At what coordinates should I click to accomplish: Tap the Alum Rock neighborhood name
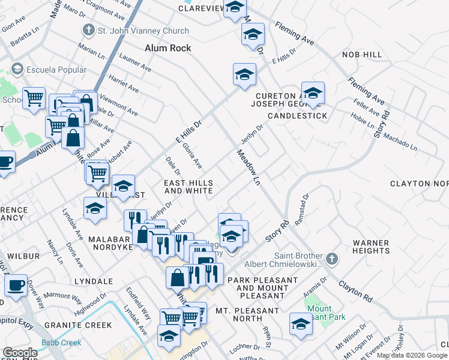[168, 48]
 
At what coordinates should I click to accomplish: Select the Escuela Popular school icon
[17, 70]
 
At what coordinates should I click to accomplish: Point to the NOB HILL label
[362, 55]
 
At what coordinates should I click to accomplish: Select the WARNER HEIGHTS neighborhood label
[371, 248]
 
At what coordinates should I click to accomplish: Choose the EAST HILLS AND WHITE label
[188, 187]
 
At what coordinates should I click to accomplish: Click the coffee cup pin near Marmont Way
[16, 286]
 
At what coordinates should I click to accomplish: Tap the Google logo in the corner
[20, 353]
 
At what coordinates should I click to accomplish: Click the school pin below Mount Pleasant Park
[301, 325]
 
